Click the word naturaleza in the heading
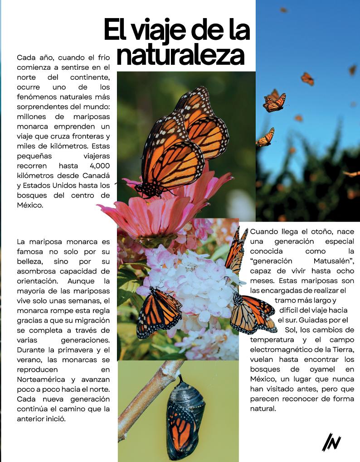pos(180,55)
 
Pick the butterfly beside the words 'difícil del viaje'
pos(252,313)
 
